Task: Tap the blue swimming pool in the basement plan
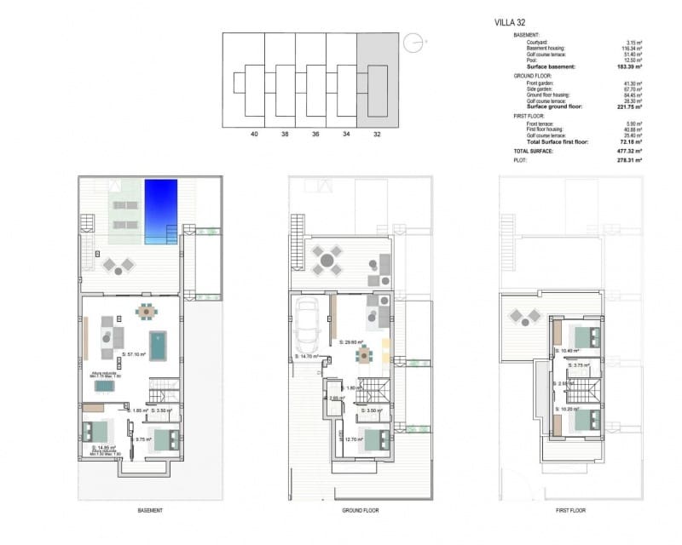[x=160, y=210]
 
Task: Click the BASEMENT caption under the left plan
[x=150, y=510]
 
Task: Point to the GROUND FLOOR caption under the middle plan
[x=361, y=510]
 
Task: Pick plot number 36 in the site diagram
[x=315, y=134]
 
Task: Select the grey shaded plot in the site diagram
[x=377, y=80]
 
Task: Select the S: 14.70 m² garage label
[x=307, y=356]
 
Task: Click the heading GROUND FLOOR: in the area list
[x=535, y=76]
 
